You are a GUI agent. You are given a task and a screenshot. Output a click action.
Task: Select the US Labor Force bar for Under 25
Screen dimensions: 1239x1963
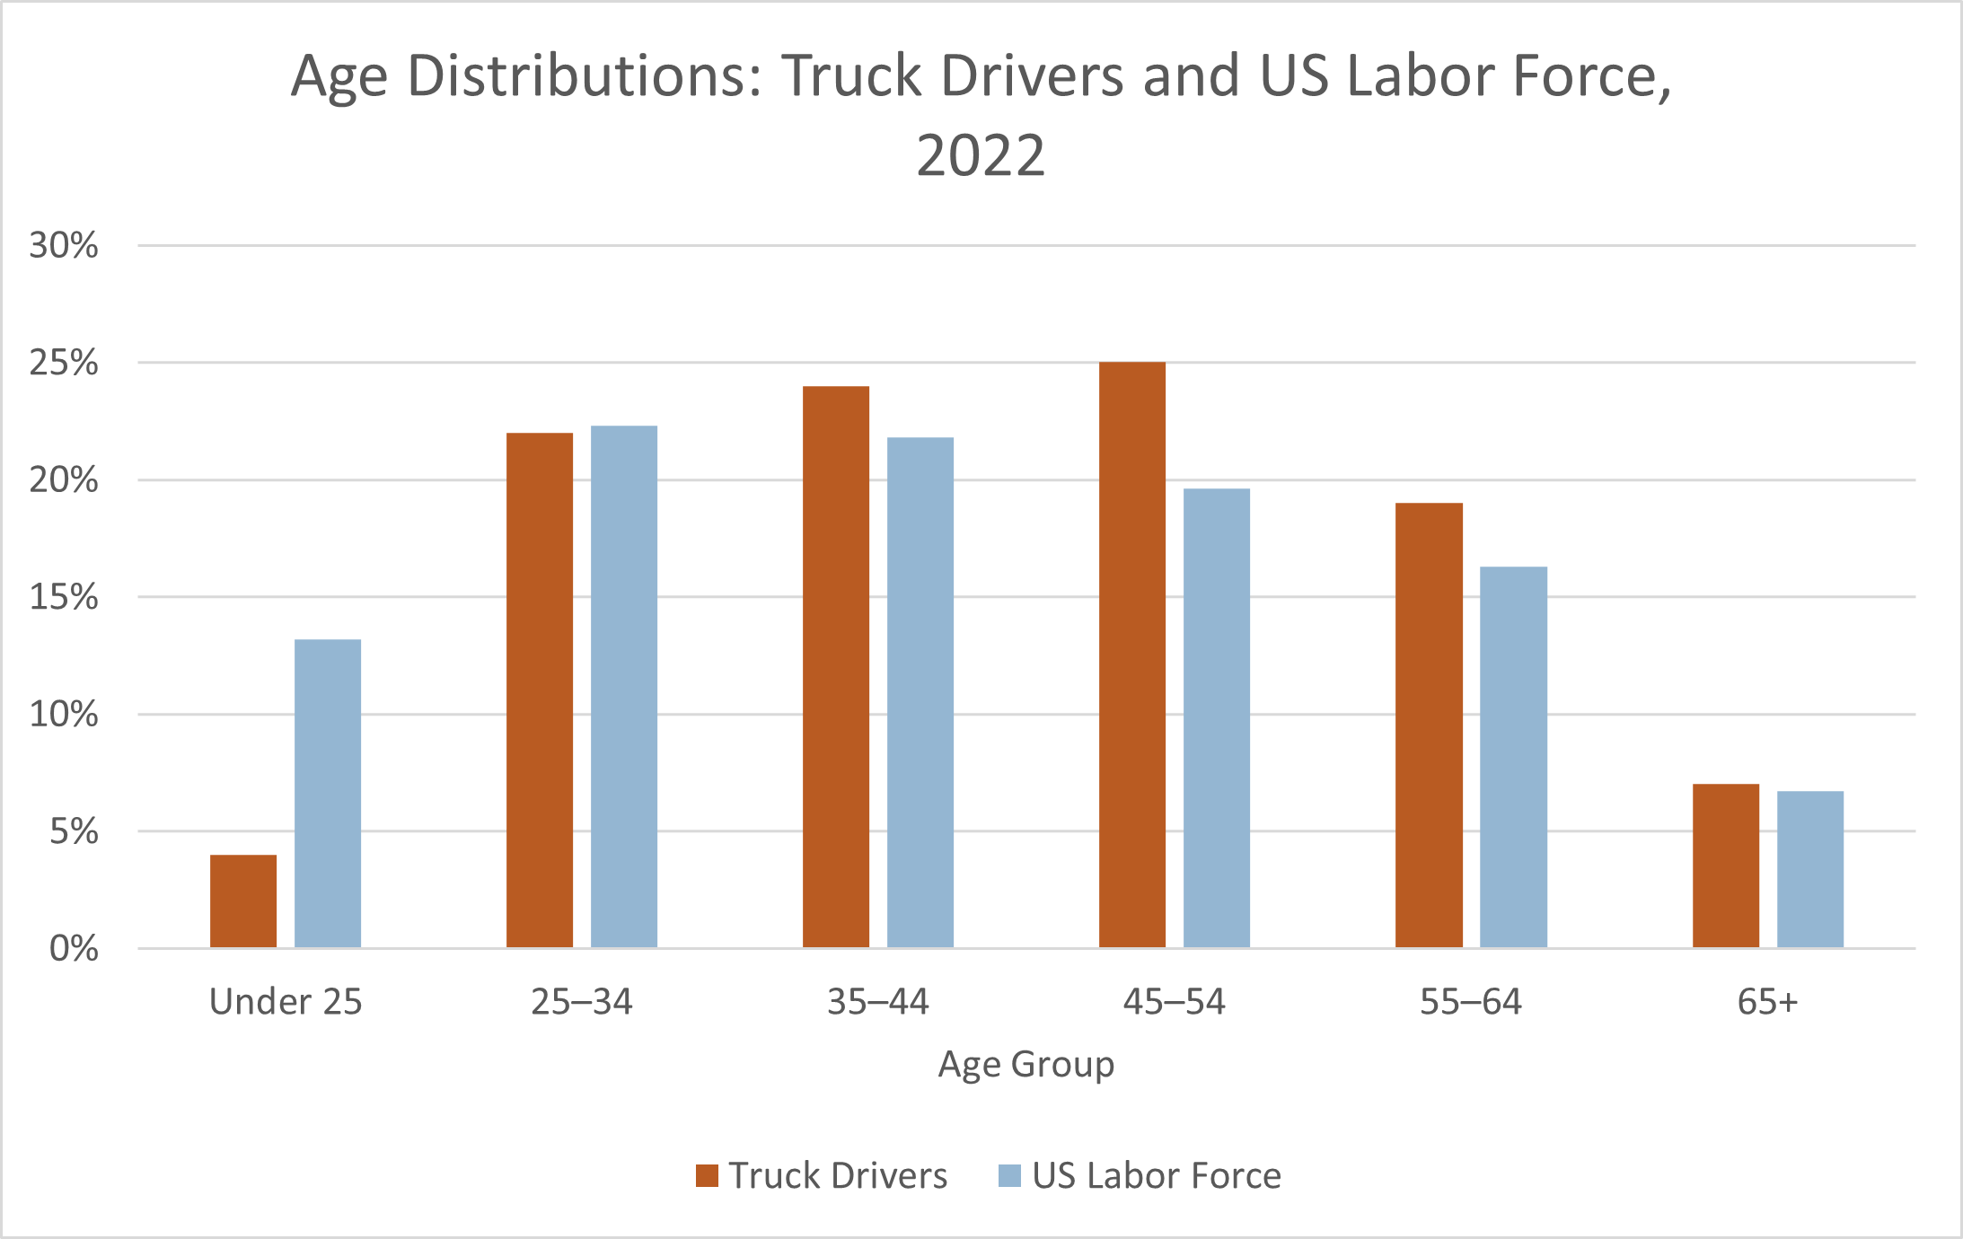(x=328, y=794)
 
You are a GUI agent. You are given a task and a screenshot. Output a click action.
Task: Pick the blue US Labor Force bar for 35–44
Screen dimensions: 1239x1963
(x=920, y=692)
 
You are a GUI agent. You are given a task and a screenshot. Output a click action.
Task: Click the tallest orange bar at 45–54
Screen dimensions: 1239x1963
(x=1132, y=655)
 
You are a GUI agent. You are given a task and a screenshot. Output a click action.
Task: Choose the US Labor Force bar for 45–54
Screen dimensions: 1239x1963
(x=1217, y=717)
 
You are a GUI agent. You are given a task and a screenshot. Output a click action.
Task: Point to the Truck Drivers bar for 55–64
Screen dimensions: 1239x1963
(x=1429, y=725)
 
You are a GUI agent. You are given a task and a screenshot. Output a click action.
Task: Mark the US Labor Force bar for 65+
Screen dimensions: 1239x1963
(x=1810, y=868)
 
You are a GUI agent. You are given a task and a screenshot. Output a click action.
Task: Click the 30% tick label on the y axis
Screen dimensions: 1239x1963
(x=64, y=245)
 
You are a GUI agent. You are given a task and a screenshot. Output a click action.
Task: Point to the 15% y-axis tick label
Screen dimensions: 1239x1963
(x=64, y=597)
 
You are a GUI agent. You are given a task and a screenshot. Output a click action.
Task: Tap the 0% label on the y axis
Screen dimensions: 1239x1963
(x=74, y=948)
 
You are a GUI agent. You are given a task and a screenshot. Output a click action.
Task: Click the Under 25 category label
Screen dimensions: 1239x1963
(x=286, y=1001)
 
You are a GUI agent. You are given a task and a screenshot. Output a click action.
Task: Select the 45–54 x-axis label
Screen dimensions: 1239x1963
(x=1175, y=1001)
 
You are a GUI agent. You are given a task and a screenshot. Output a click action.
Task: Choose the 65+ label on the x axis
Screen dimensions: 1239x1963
(x=1767, y=1001)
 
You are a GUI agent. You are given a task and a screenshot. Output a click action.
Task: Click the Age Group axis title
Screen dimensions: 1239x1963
(x=1026, y=1064)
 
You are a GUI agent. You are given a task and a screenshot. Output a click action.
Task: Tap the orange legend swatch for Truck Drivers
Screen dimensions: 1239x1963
(x=707, y=1175)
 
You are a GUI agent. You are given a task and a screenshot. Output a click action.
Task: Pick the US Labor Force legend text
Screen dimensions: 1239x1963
(x=1157, y=1175)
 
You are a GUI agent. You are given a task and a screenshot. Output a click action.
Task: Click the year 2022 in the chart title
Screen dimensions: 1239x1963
(x=981, y=154)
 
